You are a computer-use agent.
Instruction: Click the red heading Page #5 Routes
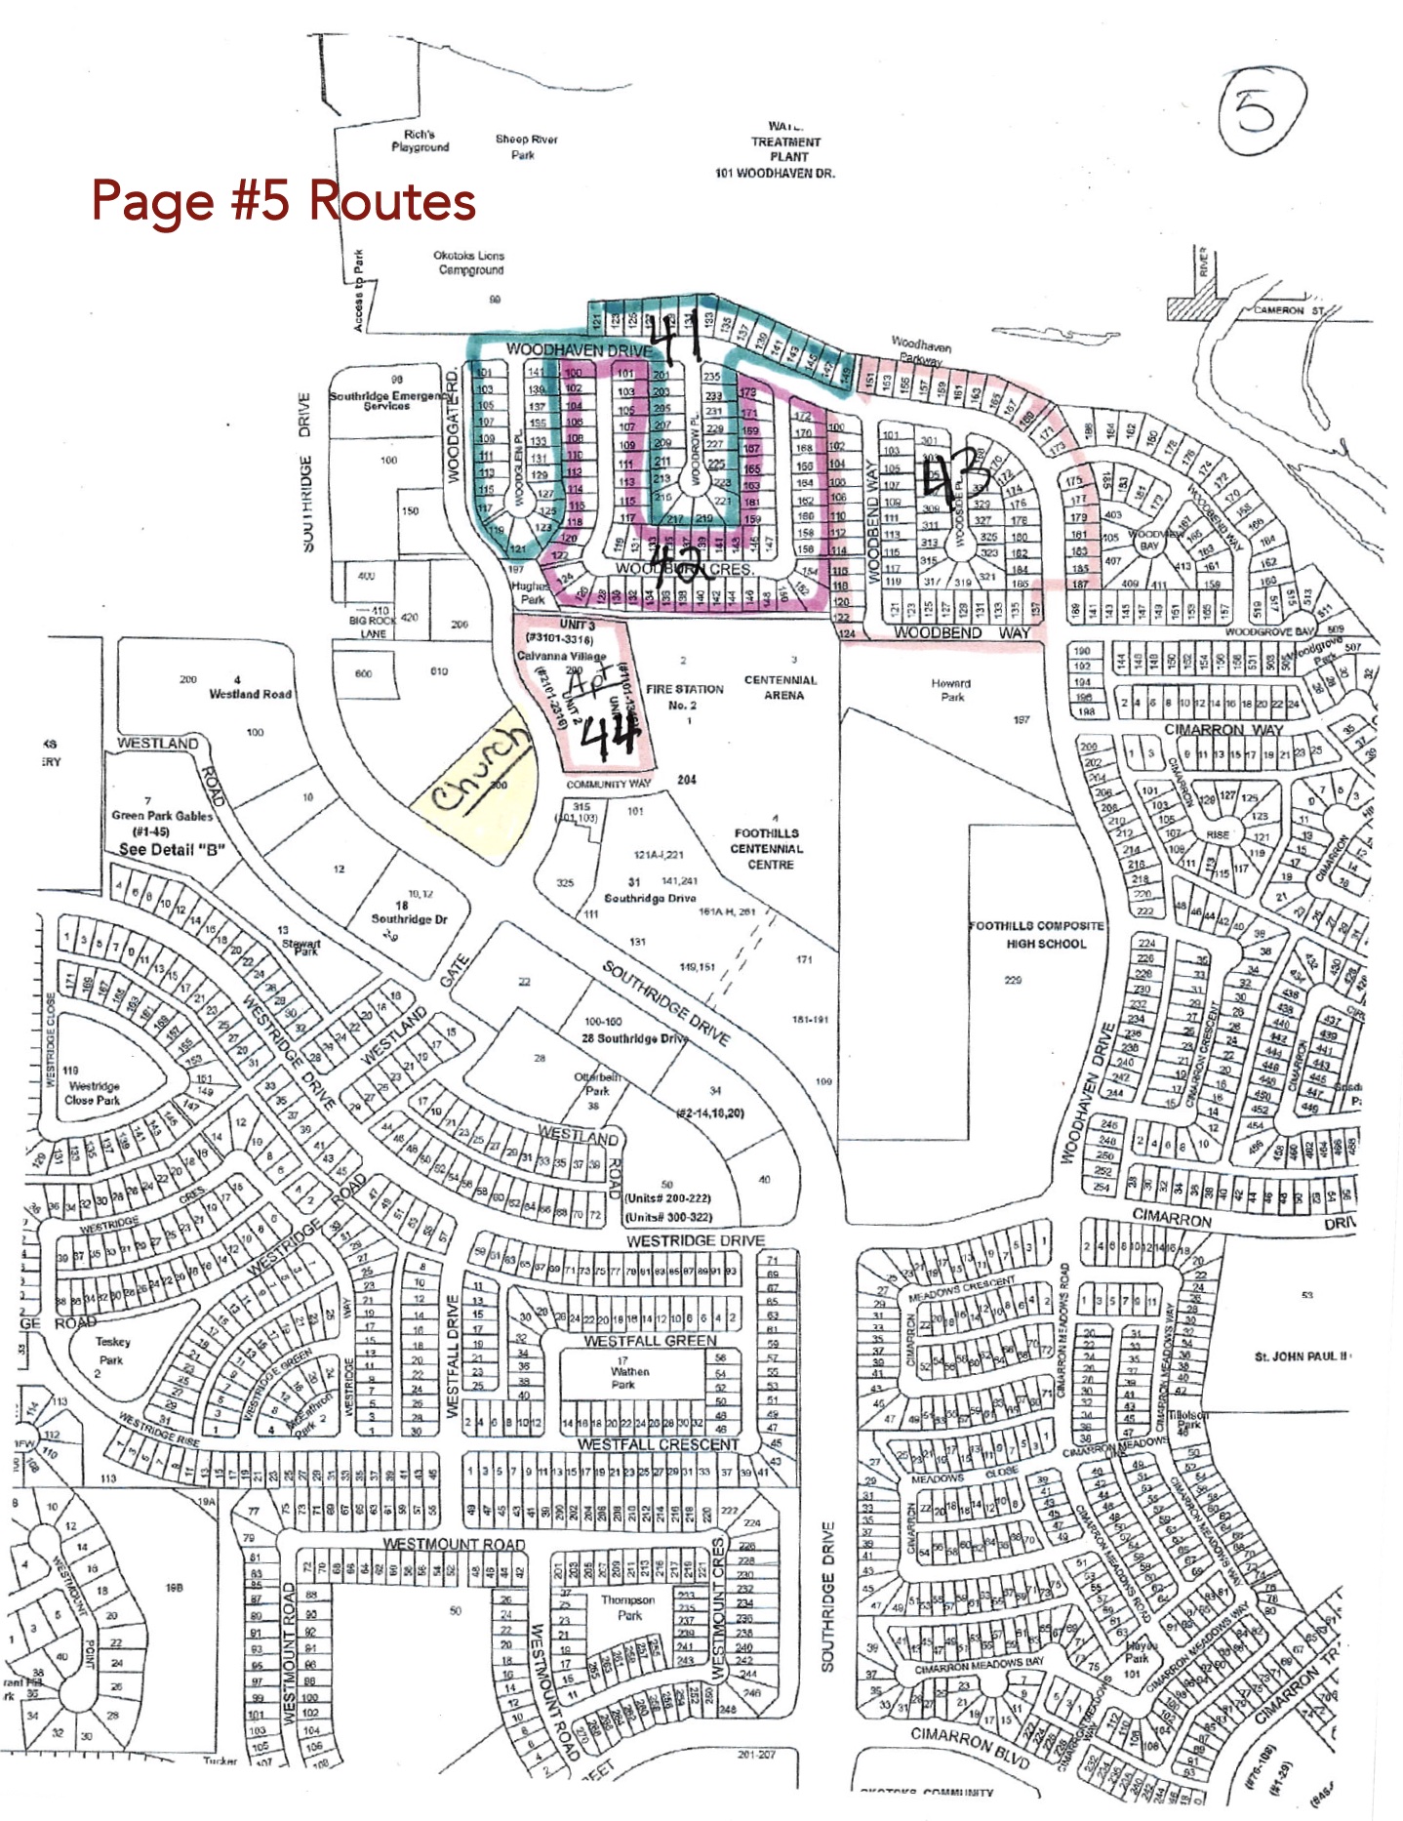(283, 200)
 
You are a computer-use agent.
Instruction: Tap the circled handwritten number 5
(1256, 110)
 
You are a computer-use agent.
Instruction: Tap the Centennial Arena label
(781, 687)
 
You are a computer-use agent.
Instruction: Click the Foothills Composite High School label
(1036, 934)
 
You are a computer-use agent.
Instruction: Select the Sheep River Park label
(526, 146)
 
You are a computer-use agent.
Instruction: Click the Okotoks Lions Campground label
(469, 263)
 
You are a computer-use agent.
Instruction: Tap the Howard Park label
(951, 690)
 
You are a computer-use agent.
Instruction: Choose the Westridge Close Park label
(93, 1092)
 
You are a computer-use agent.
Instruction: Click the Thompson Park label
(628, 1607)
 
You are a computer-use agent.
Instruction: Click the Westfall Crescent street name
(659, 1443)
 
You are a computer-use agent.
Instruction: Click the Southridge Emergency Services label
(387, 400)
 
